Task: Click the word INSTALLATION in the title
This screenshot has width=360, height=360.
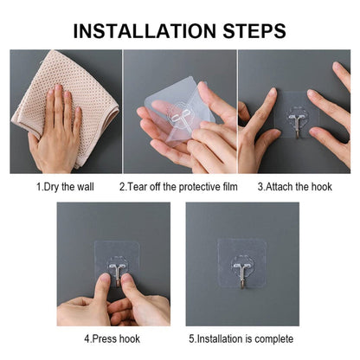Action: (x=145, y=31)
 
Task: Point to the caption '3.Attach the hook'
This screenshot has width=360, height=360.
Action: (x=294, y=186)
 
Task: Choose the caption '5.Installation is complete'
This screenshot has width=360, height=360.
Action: (x=241, y=338)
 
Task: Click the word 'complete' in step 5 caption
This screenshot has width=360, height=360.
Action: (x=274, y=338)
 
